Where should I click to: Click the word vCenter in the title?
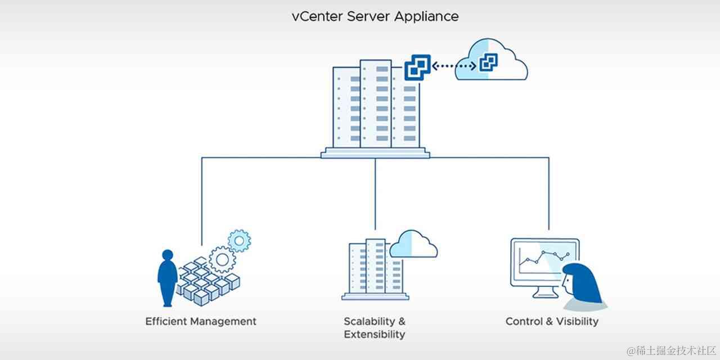(x=316, y=16)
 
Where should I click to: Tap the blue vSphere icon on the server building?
(x=417, y=67)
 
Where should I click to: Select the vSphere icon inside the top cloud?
(x=488, y=63)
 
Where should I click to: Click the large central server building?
(x=375, y=107)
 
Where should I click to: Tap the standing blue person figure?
(x=167, y=276)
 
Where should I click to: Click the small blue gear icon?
(x=240, y=241)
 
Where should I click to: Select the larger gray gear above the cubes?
(x=222, y=259)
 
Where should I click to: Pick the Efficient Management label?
(x=201, y=321)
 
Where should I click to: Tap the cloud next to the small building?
(x=413, y=244)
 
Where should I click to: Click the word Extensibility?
(x=374, y=334)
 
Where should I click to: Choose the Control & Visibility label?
(x=552, y=321)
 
